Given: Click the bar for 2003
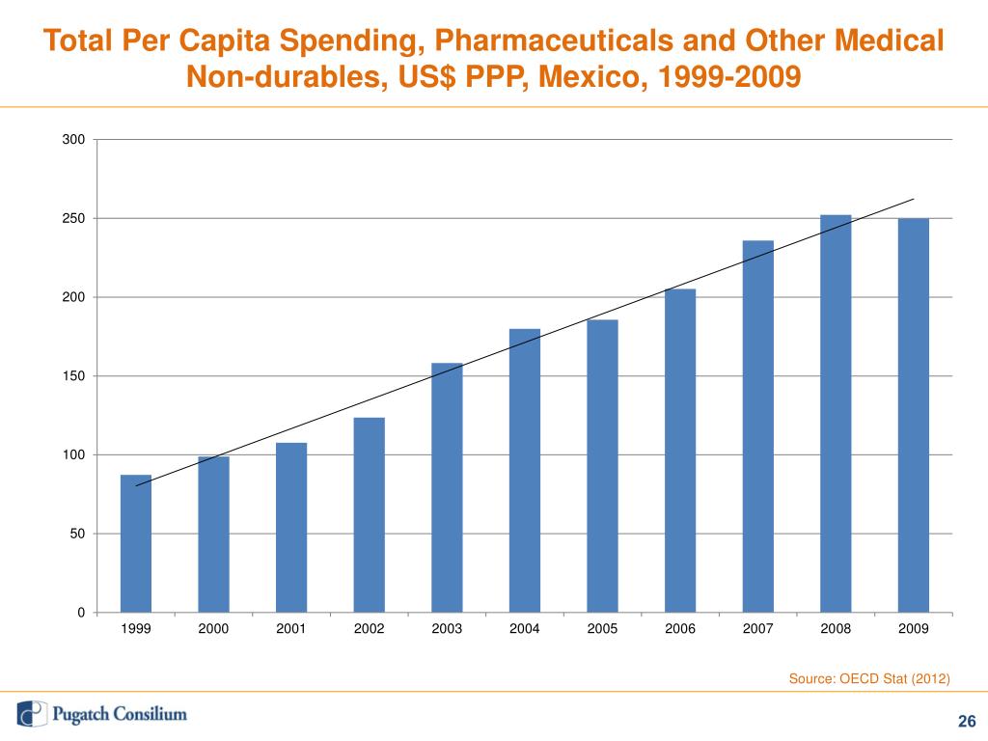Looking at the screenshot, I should click(x=447, y=487).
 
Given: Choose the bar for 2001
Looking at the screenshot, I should click(x=291, y=527).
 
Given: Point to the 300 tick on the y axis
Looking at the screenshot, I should click(x=73, y=140).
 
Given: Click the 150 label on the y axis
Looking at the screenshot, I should click(x=73, y=376).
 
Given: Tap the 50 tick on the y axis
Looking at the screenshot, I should click(x=77, y=534).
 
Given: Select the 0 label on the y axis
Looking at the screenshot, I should click(x=81, y=613).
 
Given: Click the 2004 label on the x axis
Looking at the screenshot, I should click(x=525, y=629).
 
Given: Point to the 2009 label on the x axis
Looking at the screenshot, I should click(x=914, y=629).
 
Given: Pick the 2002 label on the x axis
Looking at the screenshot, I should click(x=370, y=629).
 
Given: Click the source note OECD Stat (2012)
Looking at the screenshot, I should click(x=869, y=679).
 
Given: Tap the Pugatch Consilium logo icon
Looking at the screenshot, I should click(x=32, y=714).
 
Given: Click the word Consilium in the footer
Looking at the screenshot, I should click(x=152, y=715).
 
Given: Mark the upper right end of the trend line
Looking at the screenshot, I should click(x=914, y=200).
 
